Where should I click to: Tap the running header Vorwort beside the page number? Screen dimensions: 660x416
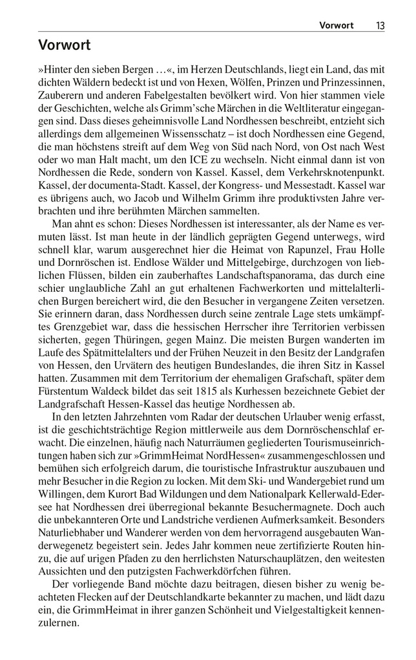pyautogui.click(x=337, y=25)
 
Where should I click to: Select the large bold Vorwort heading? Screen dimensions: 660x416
pyautogui.click(x=64, y=45)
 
